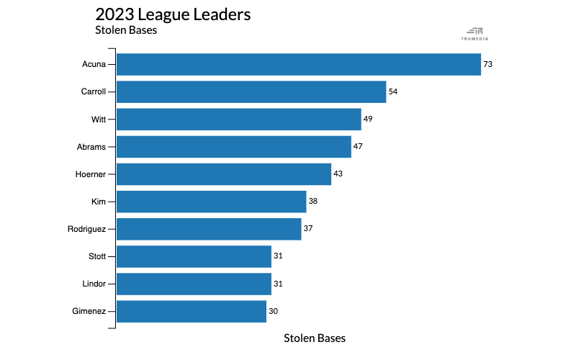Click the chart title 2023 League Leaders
coord(173,14)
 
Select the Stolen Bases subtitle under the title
coord(126,30)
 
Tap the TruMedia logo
coord(474,33)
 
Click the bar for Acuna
coord(298,64)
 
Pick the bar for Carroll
coord(251,91)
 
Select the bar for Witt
coord(238,119)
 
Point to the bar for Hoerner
coord(224,174)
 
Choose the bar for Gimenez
coord(192,311)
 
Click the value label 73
coord(487,64)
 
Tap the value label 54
coord(393,91)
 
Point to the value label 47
coord(358,146)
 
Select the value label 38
coord(312,201)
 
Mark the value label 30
coord(273,311)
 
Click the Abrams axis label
coord(91,146)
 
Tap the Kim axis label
coord(99,201)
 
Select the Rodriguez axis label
coord(86,229)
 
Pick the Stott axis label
coord(96,256)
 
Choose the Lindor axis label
coord(94,284)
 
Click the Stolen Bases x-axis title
coord(315,338)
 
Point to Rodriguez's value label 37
coord(308,229)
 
